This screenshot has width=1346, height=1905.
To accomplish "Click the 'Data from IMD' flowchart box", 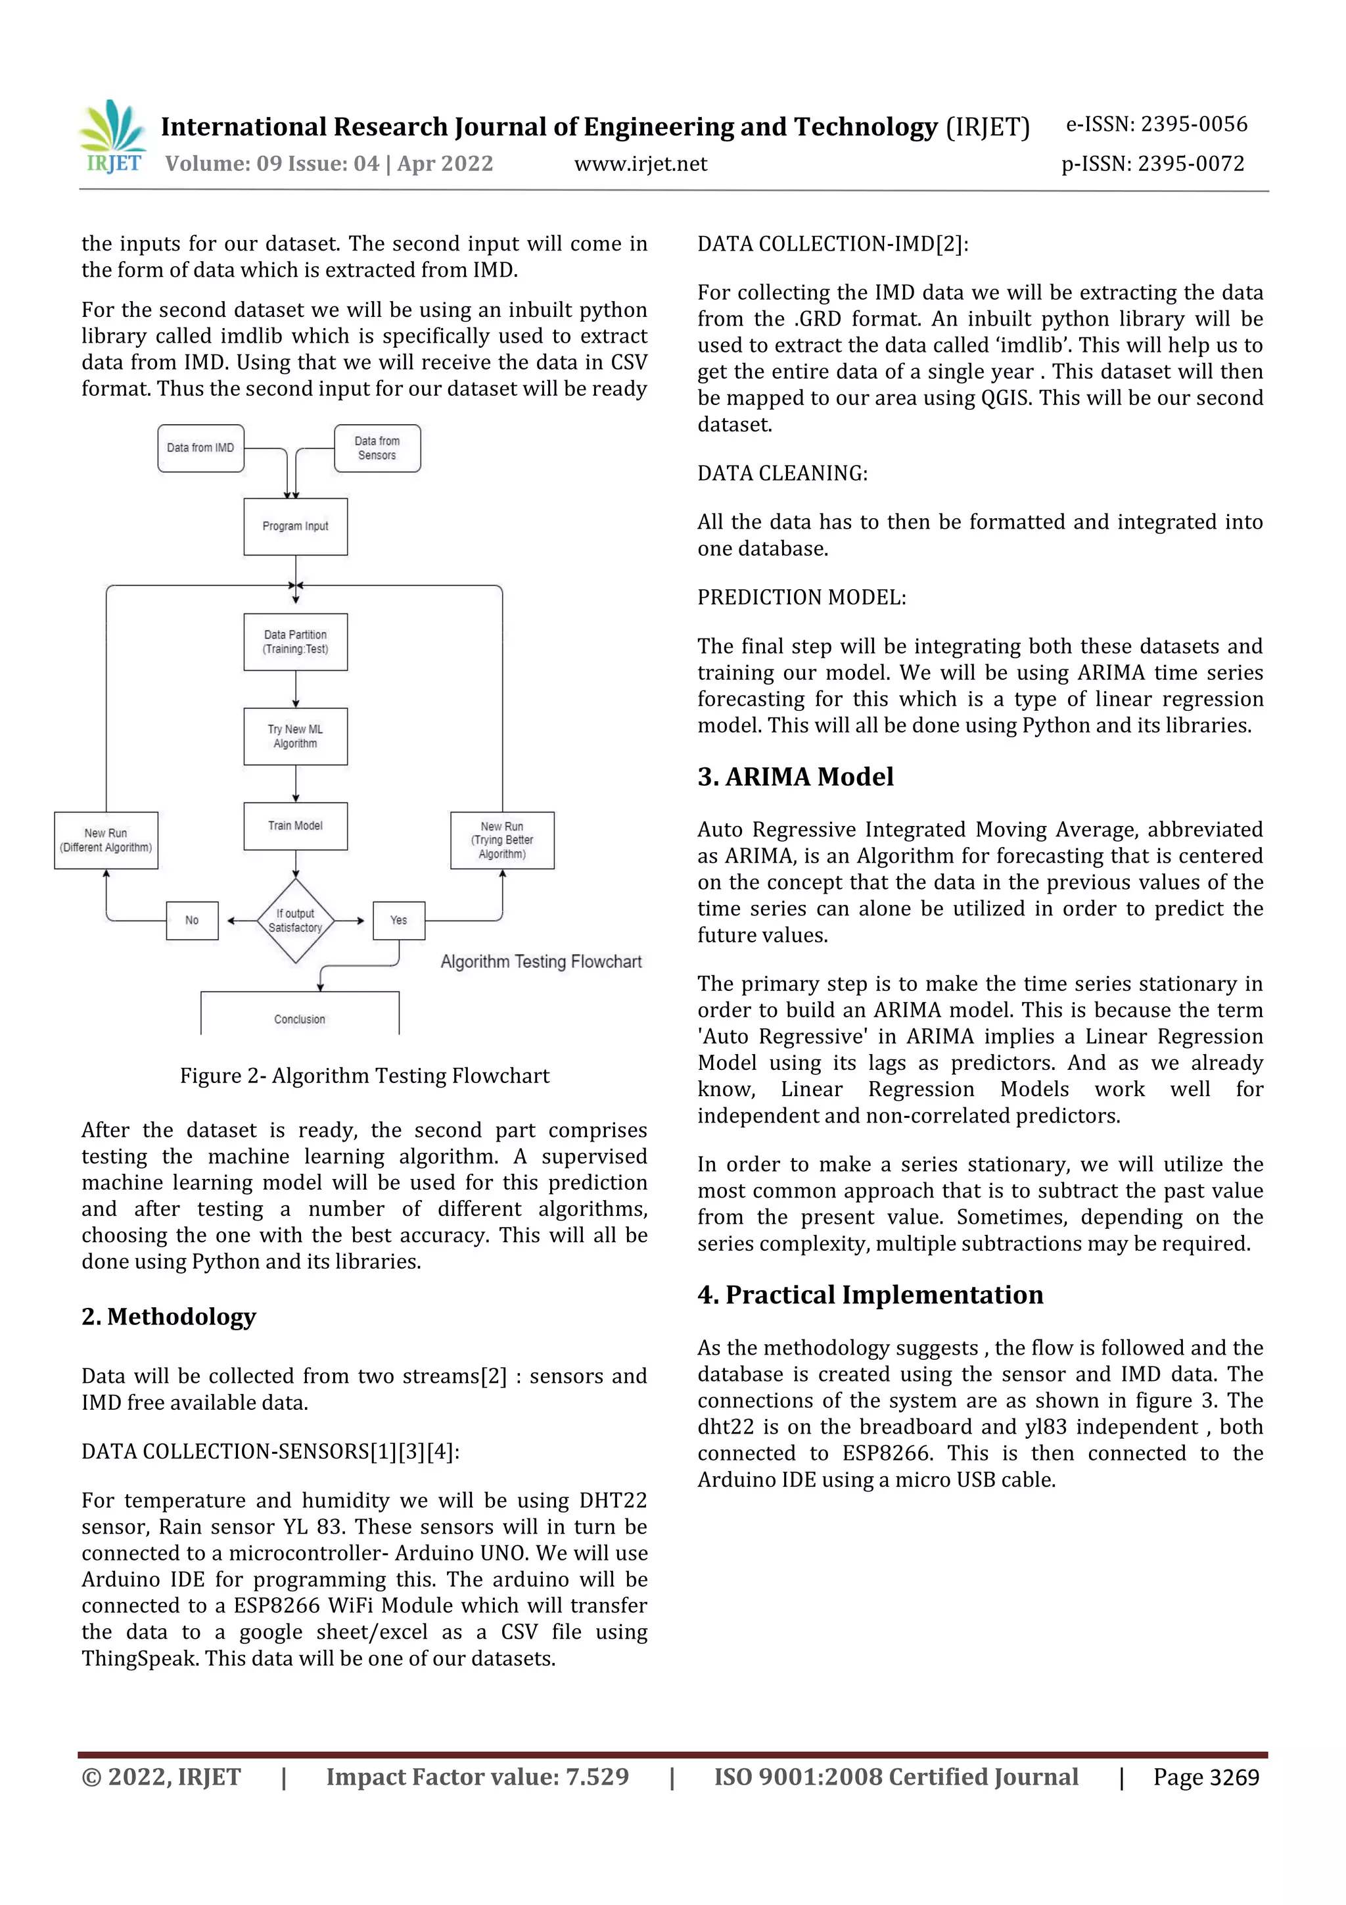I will [200, 448].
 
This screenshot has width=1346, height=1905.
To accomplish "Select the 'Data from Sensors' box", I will [377, 448].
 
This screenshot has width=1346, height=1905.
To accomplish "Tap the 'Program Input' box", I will [295, 526].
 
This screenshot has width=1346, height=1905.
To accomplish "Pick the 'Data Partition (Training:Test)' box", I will [295, 641].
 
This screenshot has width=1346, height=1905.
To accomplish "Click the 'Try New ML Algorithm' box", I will [295, 736].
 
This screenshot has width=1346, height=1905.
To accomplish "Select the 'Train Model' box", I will [295, 825].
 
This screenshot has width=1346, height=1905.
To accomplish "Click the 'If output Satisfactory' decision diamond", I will [295, 920].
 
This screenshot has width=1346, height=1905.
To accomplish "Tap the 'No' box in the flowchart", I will [191, 920].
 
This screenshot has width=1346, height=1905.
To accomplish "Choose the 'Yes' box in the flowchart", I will [399, 920].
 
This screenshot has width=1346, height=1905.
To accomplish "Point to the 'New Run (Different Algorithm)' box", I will [106, 840].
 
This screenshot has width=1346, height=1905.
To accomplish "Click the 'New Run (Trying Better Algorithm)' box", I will [501, 840].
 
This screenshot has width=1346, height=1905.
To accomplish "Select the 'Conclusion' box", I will [300, 1015].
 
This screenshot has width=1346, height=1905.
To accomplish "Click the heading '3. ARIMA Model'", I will [795, 777].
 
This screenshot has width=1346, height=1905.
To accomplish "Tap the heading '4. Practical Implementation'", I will [870, 1295].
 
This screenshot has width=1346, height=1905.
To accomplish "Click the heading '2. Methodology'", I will [168, 1316].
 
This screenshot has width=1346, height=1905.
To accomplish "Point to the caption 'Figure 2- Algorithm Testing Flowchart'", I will [364, 1076].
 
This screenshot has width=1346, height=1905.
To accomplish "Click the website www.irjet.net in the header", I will [640, 164].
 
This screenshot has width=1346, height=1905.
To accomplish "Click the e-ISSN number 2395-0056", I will [1194, 124].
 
